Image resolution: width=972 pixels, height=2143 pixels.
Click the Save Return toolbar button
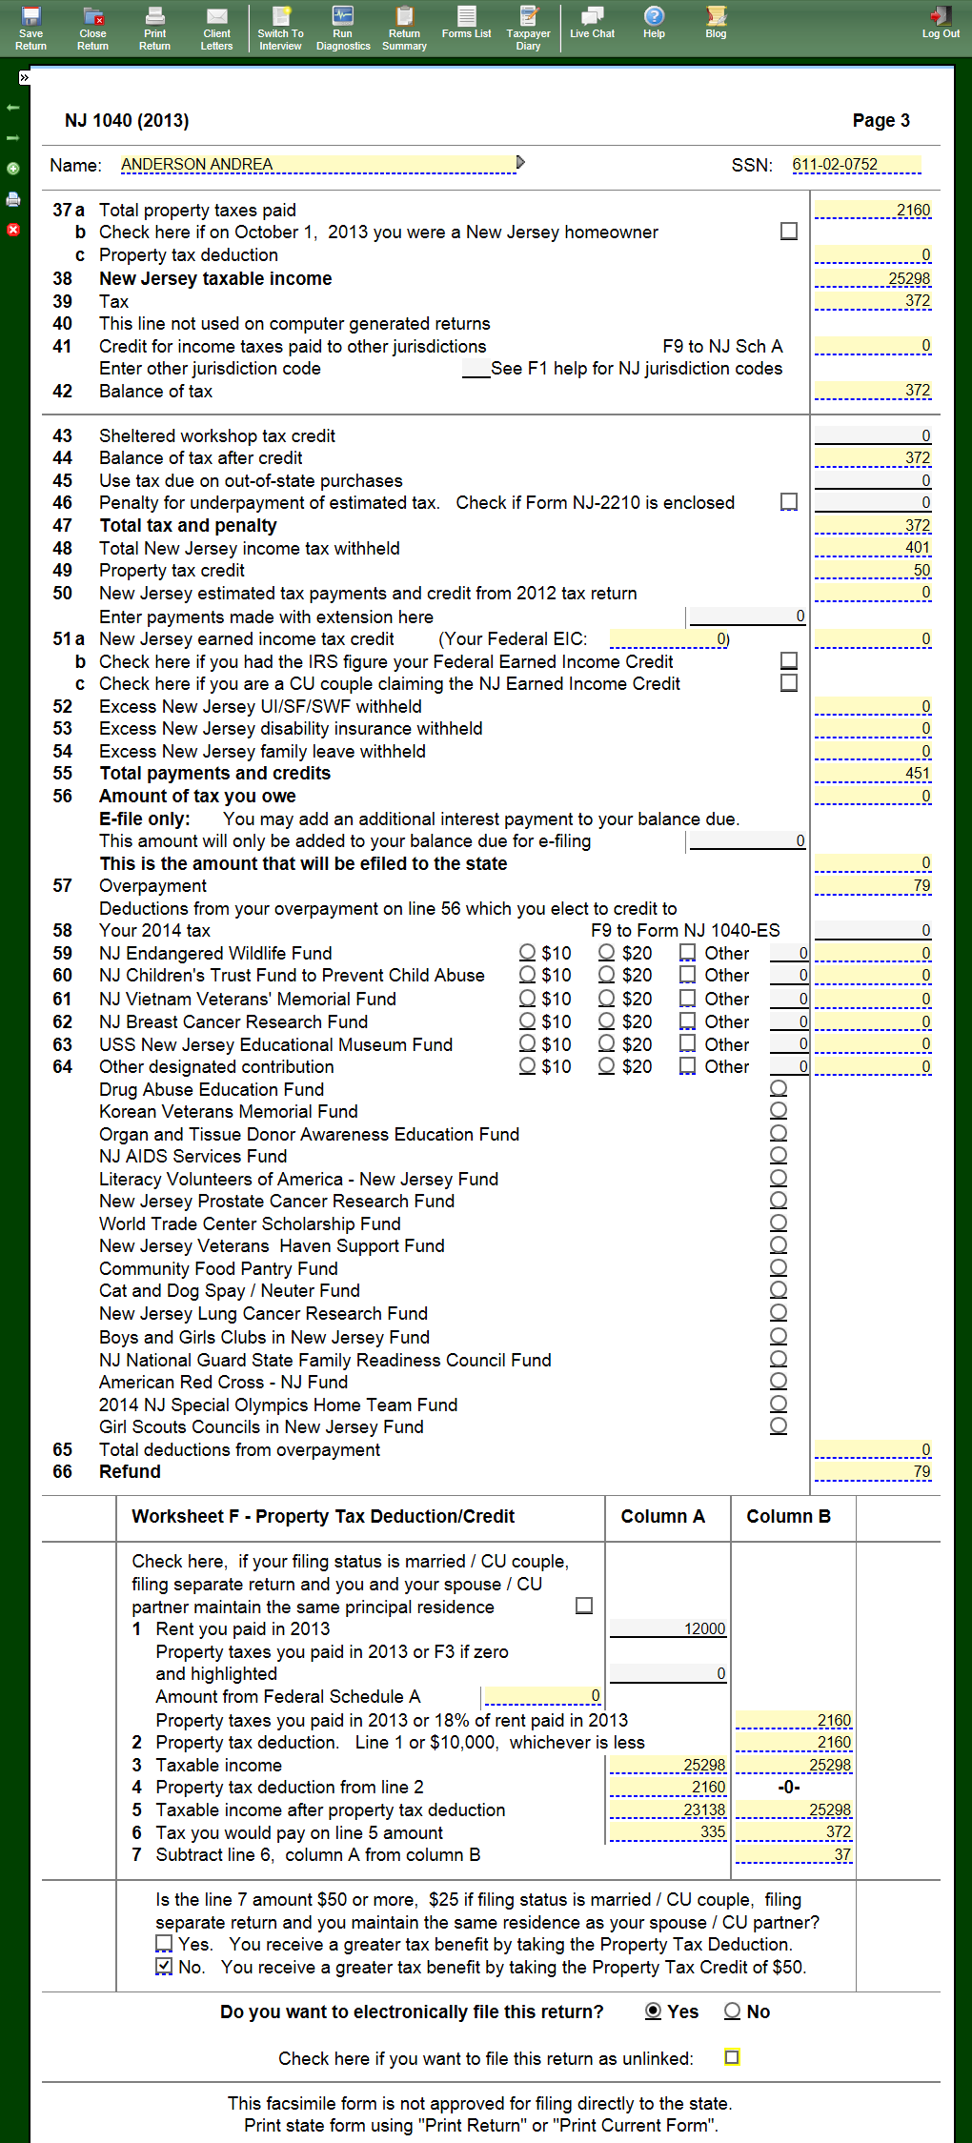pos(30,27)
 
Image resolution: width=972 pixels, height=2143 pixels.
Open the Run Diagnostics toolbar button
pos(343,27)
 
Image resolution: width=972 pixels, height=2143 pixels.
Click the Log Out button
pos(941,23)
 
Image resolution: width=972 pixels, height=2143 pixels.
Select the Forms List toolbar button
pos(466,23)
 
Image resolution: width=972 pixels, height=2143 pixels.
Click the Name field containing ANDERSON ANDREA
pos(317,165)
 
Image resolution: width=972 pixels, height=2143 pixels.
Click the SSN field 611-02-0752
pos(856,165)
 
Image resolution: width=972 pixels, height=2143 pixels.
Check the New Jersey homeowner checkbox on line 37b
pos(789,232)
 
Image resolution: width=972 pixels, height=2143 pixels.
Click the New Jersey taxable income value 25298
pos(873,278)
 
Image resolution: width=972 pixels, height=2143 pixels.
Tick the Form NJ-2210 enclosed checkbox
pos(789,502)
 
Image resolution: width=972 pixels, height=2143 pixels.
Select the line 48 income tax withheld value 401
pos(873,548)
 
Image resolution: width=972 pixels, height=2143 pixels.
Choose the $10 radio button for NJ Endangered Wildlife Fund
pos(527,952)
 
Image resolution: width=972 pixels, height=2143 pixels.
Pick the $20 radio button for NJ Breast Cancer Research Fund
pos(606,1021)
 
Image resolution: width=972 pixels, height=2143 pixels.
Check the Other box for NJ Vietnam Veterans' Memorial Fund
pos(687,998)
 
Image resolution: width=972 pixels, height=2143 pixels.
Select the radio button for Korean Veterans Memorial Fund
pos(779,1110)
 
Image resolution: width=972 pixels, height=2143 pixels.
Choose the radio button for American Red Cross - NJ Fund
pos(779,1381)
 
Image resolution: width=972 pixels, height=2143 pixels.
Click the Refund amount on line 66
pos(873,1472)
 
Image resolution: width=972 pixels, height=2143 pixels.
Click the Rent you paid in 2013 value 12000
pos(668,1628)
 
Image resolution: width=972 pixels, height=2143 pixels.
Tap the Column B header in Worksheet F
pos(788,1516)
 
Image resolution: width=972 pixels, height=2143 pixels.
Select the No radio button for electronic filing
pos(732,2011)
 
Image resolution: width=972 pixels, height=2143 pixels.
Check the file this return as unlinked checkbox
pos(732,2057)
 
